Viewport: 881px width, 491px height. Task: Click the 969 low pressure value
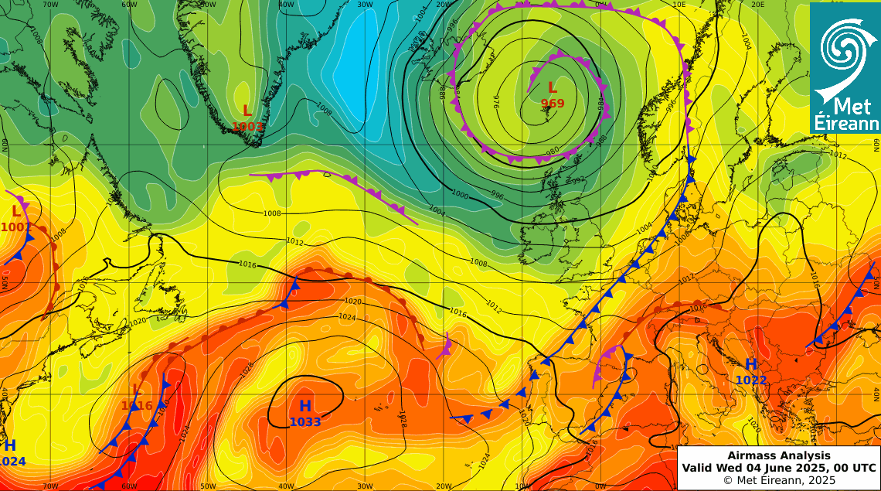click(x=553, y=103)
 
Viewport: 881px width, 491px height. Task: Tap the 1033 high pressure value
click(x=305, y=422)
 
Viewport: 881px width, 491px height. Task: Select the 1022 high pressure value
click(x=750, y=380)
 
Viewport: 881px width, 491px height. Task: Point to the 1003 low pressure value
click(x=247, y=127)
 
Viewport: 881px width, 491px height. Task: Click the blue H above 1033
click(x=305, y=406)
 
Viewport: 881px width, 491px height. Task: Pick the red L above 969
click(x=552, y=87)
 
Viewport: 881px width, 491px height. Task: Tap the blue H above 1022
click(x=750, y=364)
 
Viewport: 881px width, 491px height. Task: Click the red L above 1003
click(x=247, y=111)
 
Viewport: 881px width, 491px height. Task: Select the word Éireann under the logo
click(x=845, y=124)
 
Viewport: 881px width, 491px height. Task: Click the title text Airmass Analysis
click(x=778, y=456)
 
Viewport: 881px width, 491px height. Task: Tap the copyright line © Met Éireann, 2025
click(x=778, y=480)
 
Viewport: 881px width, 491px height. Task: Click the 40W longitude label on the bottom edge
click(x=287, y=486)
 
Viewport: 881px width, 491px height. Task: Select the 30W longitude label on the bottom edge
click(x=366, y=486)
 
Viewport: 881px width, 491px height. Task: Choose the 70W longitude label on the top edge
click(x=51, y=5)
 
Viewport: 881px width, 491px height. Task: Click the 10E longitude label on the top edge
click(x=679, y=5)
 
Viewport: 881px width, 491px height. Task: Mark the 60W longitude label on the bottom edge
click(x=130, y=486)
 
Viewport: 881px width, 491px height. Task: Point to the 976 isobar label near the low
click(x=497, y=104)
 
